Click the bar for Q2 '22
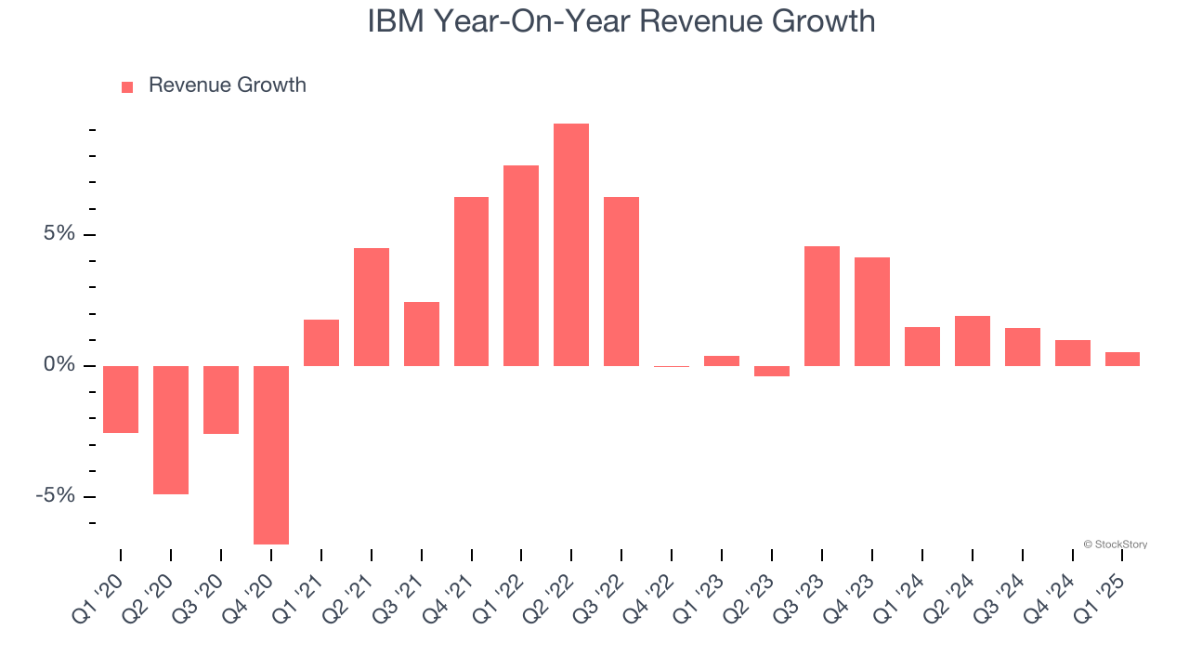pyautogui.click(x=571, y=244)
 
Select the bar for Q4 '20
pyautogui.click(x=271, y=454)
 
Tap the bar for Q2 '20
pyautogui.click(x=171, y=429)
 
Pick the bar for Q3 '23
pyautogui.click(x=822, y=306)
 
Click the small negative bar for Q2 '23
pyautogui.click(x=772, y=371)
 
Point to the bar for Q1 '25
pyautogui.click(x=1122, y=359)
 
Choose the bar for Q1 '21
pyautogui.click(x=321, y=342)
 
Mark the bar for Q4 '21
pyautogui.click(x=472, y=281)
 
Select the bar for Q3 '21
pyautogui.click(x=422, y=334)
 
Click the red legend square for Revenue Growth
pyautogui.click(x=127, y=86)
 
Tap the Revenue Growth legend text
pyautogui.click(x=227, y=85)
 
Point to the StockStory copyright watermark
pyautogui.click(x=1116, y=544)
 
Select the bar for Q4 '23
pyautogui.click(x=872, y=311)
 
